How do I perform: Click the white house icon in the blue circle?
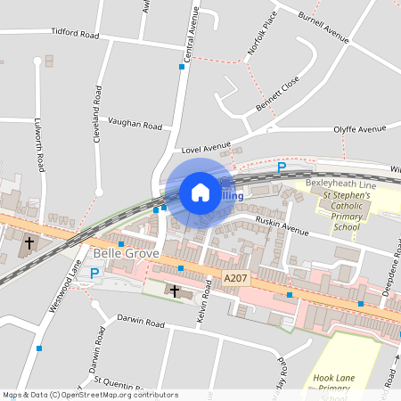point(200,192)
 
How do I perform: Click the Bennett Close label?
point(278,95)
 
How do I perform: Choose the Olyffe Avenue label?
point(360,129)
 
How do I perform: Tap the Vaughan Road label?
point(135,124)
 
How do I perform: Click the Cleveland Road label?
point(96,116)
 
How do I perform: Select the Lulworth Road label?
point(40,143)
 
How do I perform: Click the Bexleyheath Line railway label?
point(341,183)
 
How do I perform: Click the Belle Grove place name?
point(126,254)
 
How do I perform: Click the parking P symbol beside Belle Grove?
point(94,274)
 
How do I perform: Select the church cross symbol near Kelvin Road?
point(174,291)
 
